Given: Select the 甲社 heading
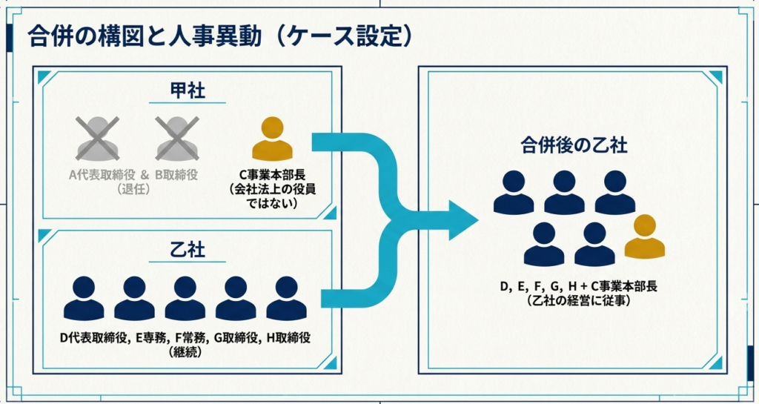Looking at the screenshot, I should coord(187,91).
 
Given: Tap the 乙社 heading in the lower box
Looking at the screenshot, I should coord(187,249).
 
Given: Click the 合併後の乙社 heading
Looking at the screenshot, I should coord(573,145).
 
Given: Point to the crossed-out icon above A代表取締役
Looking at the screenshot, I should coord(98,139).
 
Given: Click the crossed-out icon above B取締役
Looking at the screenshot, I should coord(176,139).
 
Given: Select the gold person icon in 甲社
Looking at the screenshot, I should coord(272,139).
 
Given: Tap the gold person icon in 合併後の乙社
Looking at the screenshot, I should coord(644,237).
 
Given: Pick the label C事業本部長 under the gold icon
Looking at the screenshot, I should coord(273,175).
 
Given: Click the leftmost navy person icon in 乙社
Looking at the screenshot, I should coord(84,299).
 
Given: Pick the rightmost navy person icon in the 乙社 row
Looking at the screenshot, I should coord(286,299).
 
